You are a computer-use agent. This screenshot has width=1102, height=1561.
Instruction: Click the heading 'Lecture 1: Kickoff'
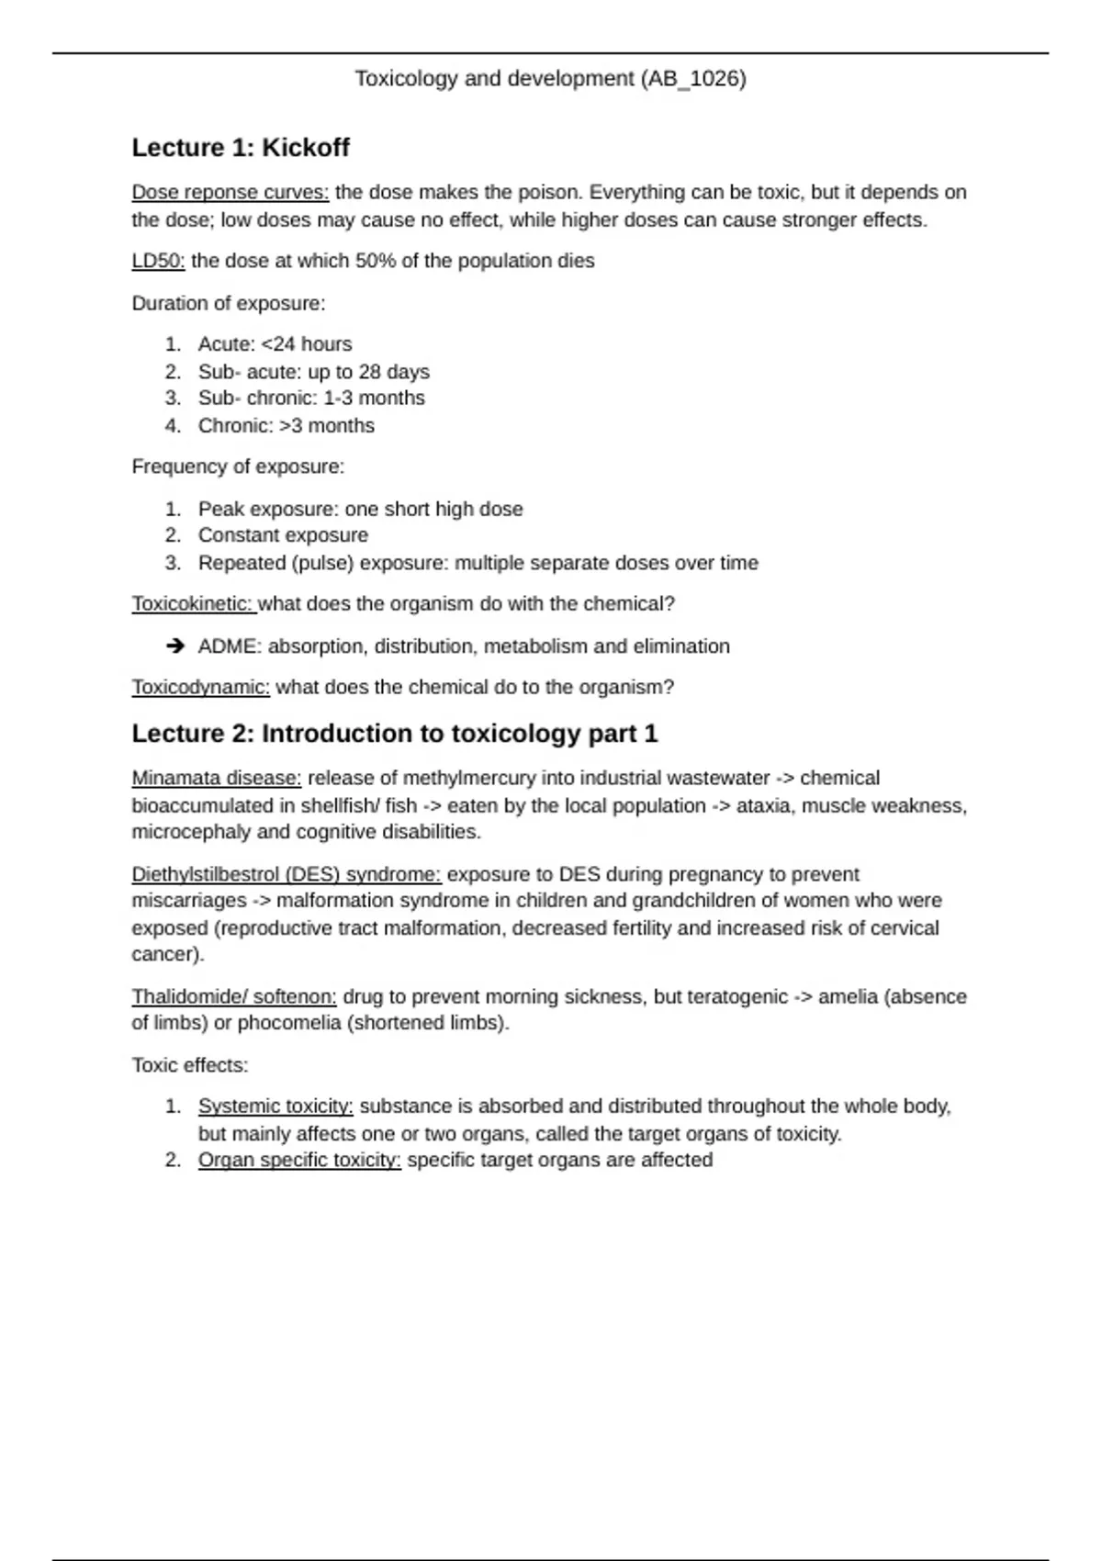(x=241, y=148)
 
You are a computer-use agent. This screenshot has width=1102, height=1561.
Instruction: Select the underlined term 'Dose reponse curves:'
(x=230, y=193)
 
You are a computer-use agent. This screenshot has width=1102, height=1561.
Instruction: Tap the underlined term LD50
(x=158, y=261)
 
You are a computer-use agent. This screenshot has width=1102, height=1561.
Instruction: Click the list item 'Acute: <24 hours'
(x=275, y=344)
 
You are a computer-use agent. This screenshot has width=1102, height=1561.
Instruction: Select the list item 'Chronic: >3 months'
(x=286, y=426)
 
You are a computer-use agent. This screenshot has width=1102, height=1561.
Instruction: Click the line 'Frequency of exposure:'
(x=238, y=466)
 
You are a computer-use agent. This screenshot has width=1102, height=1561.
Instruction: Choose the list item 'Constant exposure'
(x=283, y=535)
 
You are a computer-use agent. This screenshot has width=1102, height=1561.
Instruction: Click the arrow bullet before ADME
(x=175, y=646)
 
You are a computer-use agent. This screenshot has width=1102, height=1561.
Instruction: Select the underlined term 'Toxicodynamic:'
(x=200, y=688)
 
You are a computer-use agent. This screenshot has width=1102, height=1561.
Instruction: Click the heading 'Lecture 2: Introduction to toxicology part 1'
(x=395, y=734)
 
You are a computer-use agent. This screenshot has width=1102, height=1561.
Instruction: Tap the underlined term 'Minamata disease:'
(x=216, y=779)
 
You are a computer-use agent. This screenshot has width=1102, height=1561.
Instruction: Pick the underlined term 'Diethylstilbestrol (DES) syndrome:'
(x=286, y=874)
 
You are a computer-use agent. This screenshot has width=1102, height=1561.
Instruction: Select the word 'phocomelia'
(x=289, y=1023)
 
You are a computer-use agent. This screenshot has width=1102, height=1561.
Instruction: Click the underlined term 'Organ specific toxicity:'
(x=299, y=1161)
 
